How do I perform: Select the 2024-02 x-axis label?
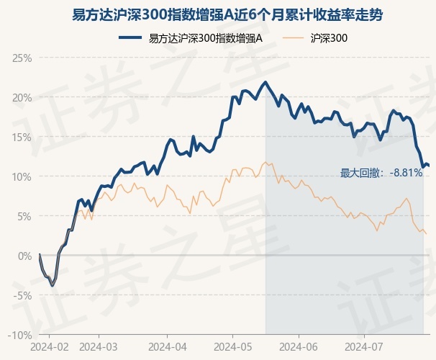(50, 346)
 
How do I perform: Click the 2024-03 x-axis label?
(99, 346)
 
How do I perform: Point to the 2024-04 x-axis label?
(166, 346)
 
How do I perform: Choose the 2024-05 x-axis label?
(232, 346)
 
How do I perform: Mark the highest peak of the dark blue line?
(265, 82)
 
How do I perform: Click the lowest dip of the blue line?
(52, 286)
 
